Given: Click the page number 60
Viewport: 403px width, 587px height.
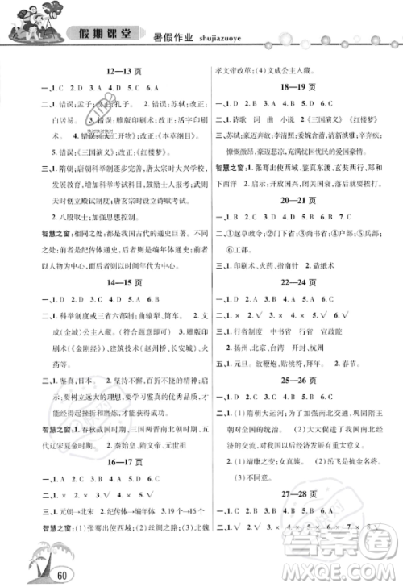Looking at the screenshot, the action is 39,573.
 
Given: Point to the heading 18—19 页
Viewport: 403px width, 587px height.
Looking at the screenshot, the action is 297,87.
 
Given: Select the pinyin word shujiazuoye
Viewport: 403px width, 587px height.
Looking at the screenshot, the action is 221,35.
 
